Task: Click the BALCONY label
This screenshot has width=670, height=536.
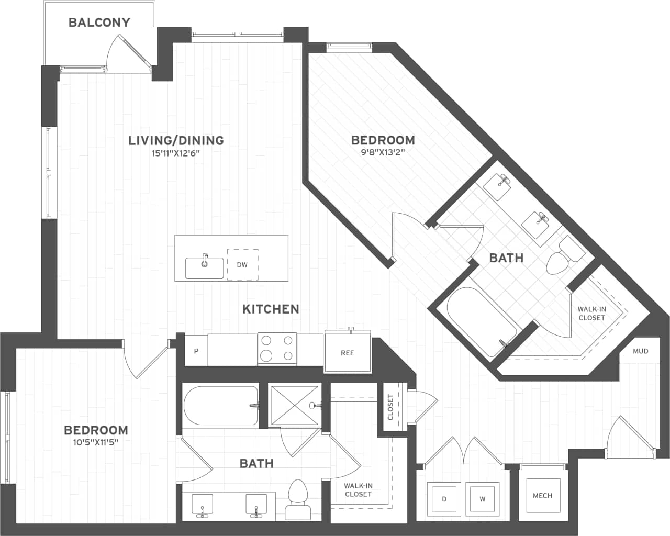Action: tap(99, 23)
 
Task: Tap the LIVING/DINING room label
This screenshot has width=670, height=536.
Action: tap(176, 140)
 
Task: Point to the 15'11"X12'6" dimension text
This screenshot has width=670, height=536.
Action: tap(176, 153)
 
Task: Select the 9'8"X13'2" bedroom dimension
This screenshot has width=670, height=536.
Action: tap(383, 153)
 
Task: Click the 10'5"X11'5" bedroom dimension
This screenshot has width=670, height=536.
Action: tap(96, 442)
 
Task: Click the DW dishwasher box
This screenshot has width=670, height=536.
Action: tap(242, 264)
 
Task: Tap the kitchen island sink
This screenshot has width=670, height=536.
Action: tap(205, 267)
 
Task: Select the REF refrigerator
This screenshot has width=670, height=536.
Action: tap(348, 352)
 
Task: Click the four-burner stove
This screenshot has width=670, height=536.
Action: tap(277, 349)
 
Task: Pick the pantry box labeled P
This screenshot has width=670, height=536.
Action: tap(196, 351)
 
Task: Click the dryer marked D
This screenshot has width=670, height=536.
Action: tap(444, 499)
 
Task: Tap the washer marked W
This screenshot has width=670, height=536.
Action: tap(482, 499)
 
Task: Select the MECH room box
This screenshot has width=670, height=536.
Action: tap(542, 496)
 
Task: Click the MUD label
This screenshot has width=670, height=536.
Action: tap(640, 351)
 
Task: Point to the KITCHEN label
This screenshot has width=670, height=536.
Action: tap(271, 309)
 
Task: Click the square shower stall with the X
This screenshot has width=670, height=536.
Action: tap(294, 405)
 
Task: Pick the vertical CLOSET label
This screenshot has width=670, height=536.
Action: tap(390, 407)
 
